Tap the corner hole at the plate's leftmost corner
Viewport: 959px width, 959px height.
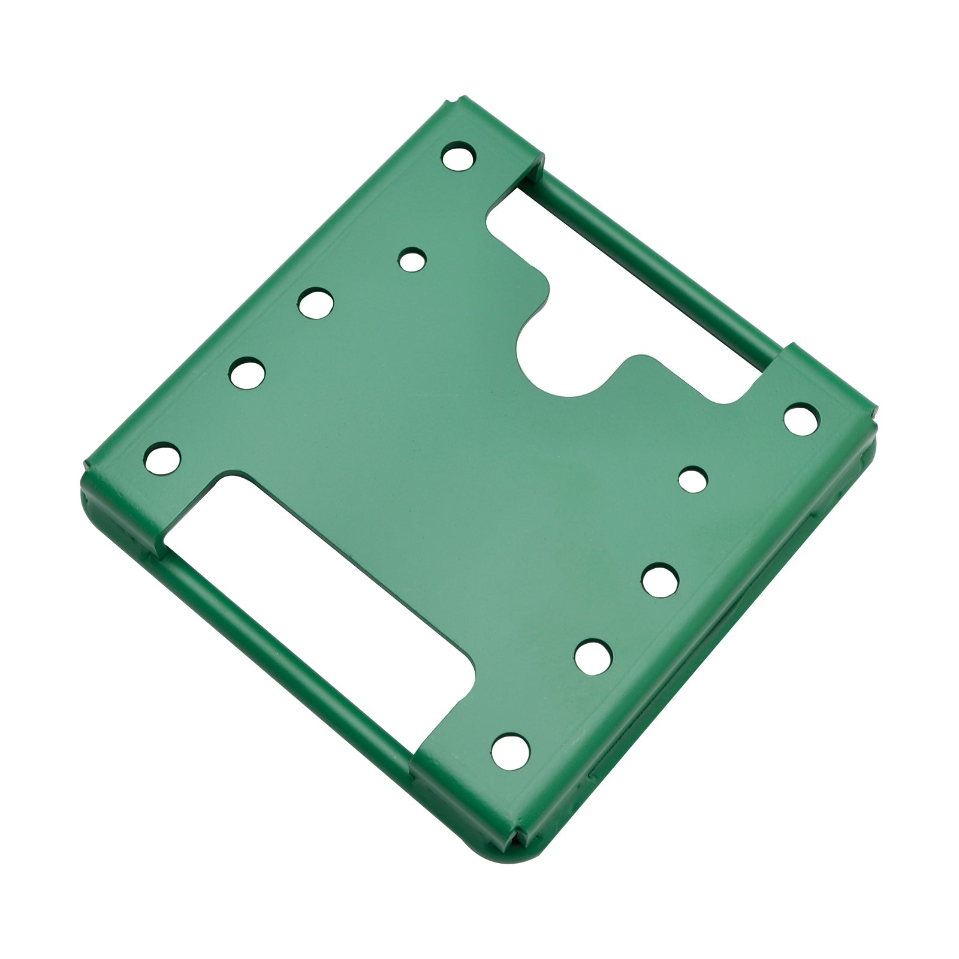[162, 459]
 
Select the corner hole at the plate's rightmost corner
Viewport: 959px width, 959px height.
[801, 418]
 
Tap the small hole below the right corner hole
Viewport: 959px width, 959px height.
[693, 479]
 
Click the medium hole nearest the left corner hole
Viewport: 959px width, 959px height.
[247, 373]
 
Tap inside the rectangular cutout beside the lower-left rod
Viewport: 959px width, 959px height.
[312, 575]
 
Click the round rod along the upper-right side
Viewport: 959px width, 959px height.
[659, 264]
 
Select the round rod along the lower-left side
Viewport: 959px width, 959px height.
[288, 653]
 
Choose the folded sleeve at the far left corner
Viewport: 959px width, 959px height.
[120, 503]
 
